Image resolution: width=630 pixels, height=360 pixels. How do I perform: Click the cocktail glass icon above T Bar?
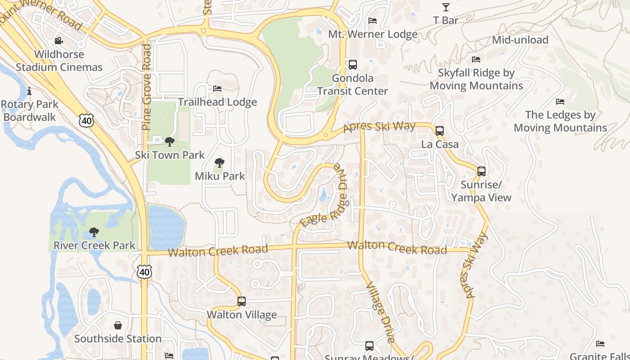pyautogui.click(x=445, y=7)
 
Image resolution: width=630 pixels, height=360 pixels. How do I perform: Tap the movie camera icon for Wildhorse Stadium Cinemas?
pyautogui.click(x=58, y=41)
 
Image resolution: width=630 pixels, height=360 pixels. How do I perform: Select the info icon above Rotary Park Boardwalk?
pyautogui.click(x=29, y=91)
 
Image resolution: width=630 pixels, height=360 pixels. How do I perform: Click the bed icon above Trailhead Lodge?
pyautogui.click(x=217, y=89)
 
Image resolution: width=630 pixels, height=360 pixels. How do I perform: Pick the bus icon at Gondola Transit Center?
pyautogui.click(x=353, y=65)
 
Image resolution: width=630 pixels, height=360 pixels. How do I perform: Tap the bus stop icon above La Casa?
pyautogui.click(x=440, y=131)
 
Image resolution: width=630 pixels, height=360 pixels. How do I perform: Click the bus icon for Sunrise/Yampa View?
pyautogui.click(x=481, y=171)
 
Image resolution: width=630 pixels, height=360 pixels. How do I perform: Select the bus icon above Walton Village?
pyautogui.click(x=242, y=301)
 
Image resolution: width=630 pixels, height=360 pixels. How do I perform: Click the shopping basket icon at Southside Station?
pyautogui.click(x=118, y=325)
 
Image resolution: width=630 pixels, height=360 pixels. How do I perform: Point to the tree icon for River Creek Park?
pyautogui.click(x=94, y=232)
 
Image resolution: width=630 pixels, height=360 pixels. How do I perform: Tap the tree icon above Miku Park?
pyautogui.click(x=220, y=163)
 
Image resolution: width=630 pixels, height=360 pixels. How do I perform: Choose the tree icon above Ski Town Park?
pyautogui.click(x=170, y=142)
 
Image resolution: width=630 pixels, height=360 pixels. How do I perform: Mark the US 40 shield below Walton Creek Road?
pyautogui.click(x=144, y=271)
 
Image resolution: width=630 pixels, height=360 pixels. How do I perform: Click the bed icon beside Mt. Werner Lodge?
pyautogui.click(x=373, y=21)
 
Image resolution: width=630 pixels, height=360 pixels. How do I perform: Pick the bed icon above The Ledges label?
pyautogui.click(x=560, y=102)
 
